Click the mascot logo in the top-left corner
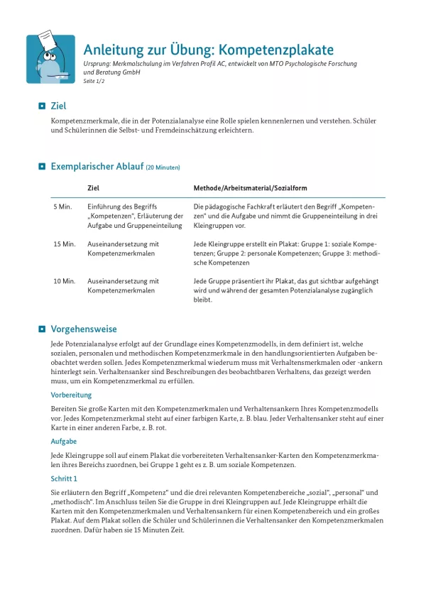point(50,59)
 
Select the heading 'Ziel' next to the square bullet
point(59,106)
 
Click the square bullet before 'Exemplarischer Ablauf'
point(42,167)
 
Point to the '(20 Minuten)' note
point(163,168)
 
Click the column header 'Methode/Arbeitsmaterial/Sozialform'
point(250,188)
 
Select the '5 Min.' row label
point(63,206)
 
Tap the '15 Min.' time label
point(65,243)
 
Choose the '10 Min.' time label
point(65,281)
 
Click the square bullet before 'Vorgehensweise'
point(42,329)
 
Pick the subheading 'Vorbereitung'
point(71,395)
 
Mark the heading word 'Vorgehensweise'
point(84,329)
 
